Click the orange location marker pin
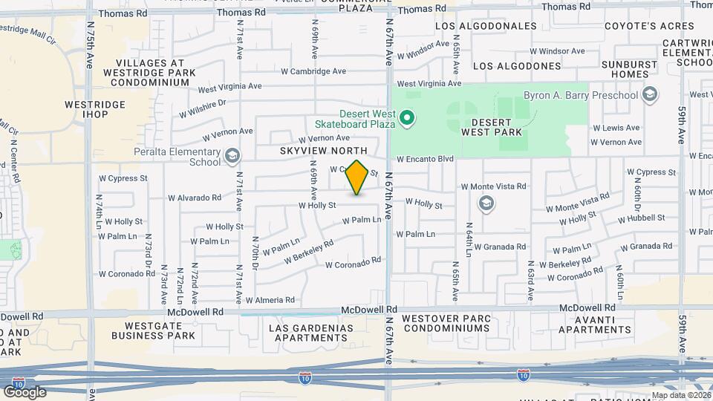(357, 177)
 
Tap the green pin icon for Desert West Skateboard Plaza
(406, 117)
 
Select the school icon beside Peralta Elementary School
(232, 155)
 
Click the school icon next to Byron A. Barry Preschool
(651, 94)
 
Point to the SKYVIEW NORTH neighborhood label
(324, 151)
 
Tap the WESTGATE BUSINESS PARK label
(154, 330)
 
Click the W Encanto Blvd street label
(425, 159)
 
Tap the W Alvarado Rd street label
(195, 198)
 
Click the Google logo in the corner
(25, 391)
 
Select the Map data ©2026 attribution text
(680, 395)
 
